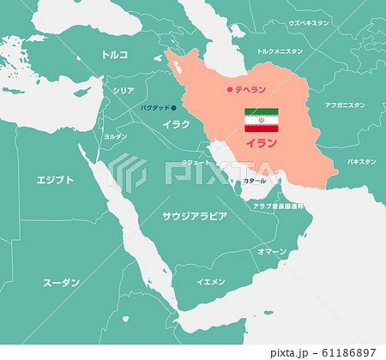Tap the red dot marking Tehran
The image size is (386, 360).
coord(228,89)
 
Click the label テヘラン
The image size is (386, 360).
coord(250,89)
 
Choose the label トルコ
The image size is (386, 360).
coord(114,54)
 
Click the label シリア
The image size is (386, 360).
coord(124,90)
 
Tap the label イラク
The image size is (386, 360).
coord(176,124)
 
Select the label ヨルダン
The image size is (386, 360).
coord(115,136)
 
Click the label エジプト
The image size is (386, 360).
coord(55,180)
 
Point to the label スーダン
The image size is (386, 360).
coord(61,281)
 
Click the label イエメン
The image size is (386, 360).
coord(211,281)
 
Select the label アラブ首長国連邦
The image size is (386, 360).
coord(278,206)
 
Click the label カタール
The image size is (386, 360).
coord(254,182)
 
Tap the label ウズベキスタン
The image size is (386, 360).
coord(309,23)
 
